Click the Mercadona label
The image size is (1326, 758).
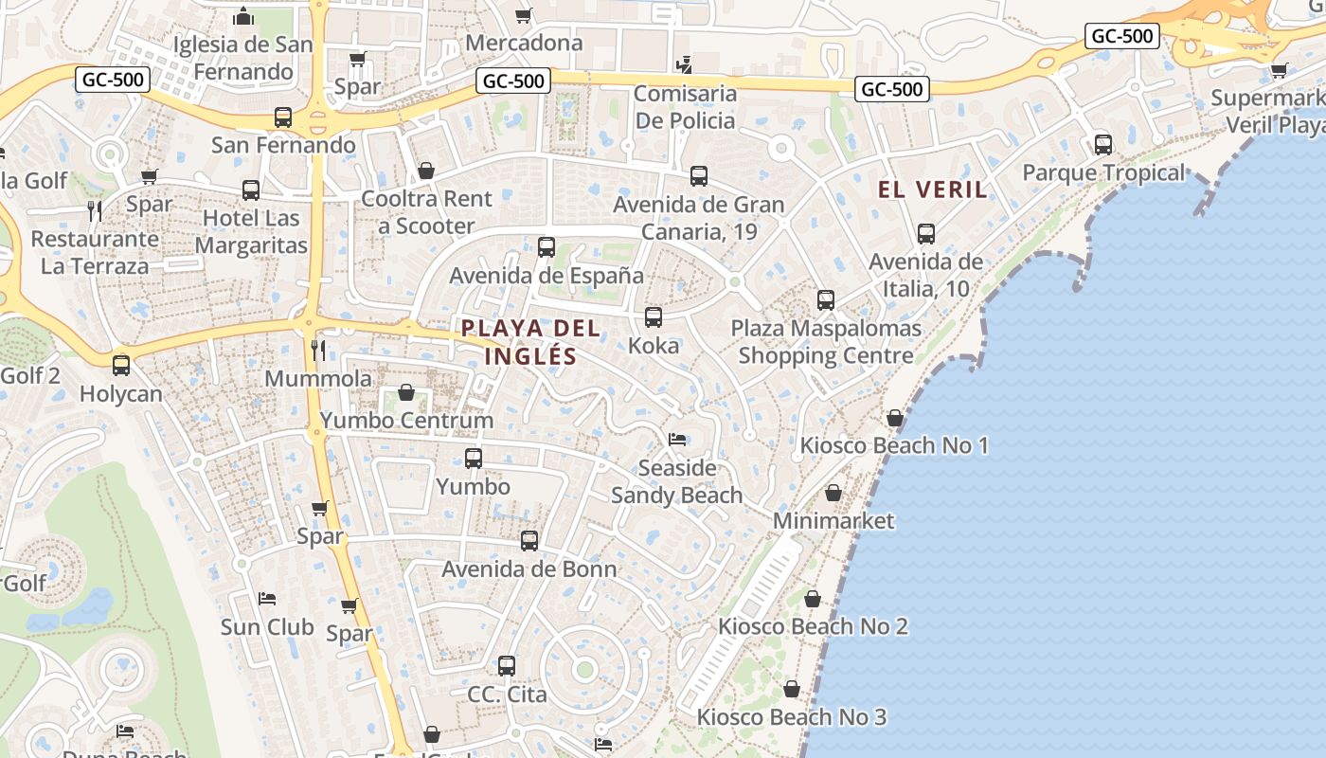[524, 44]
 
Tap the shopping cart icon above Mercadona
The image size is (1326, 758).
[523, 15]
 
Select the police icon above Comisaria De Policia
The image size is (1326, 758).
[684, 65]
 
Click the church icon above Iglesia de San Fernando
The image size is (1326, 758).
[243, 16]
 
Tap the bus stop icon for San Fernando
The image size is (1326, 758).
[283, 117]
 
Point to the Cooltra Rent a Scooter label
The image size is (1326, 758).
[426, 212]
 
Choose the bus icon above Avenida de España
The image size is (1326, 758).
[547, 247]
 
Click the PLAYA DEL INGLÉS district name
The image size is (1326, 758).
[530, 342]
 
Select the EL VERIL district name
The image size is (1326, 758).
[933, 189]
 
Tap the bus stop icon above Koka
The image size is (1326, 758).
[654, 317]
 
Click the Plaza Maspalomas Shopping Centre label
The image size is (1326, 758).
[826, 342]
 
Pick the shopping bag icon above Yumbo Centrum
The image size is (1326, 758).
[406, 392]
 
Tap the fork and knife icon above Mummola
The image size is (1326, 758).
[318, 351]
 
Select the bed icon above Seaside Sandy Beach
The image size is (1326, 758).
[677, 440]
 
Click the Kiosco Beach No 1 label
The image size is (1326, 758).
[894, 445]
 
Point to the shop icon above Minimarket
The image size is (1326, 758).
[833, 493]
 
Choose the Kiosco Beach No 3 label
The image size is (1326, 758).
[792, 717]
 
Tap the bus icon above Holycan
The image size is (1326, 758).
[121, 366]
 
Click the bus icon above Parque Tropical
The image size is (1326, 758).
[1103, 145]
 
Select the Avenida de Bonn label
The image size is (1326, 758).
[529, 569]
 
